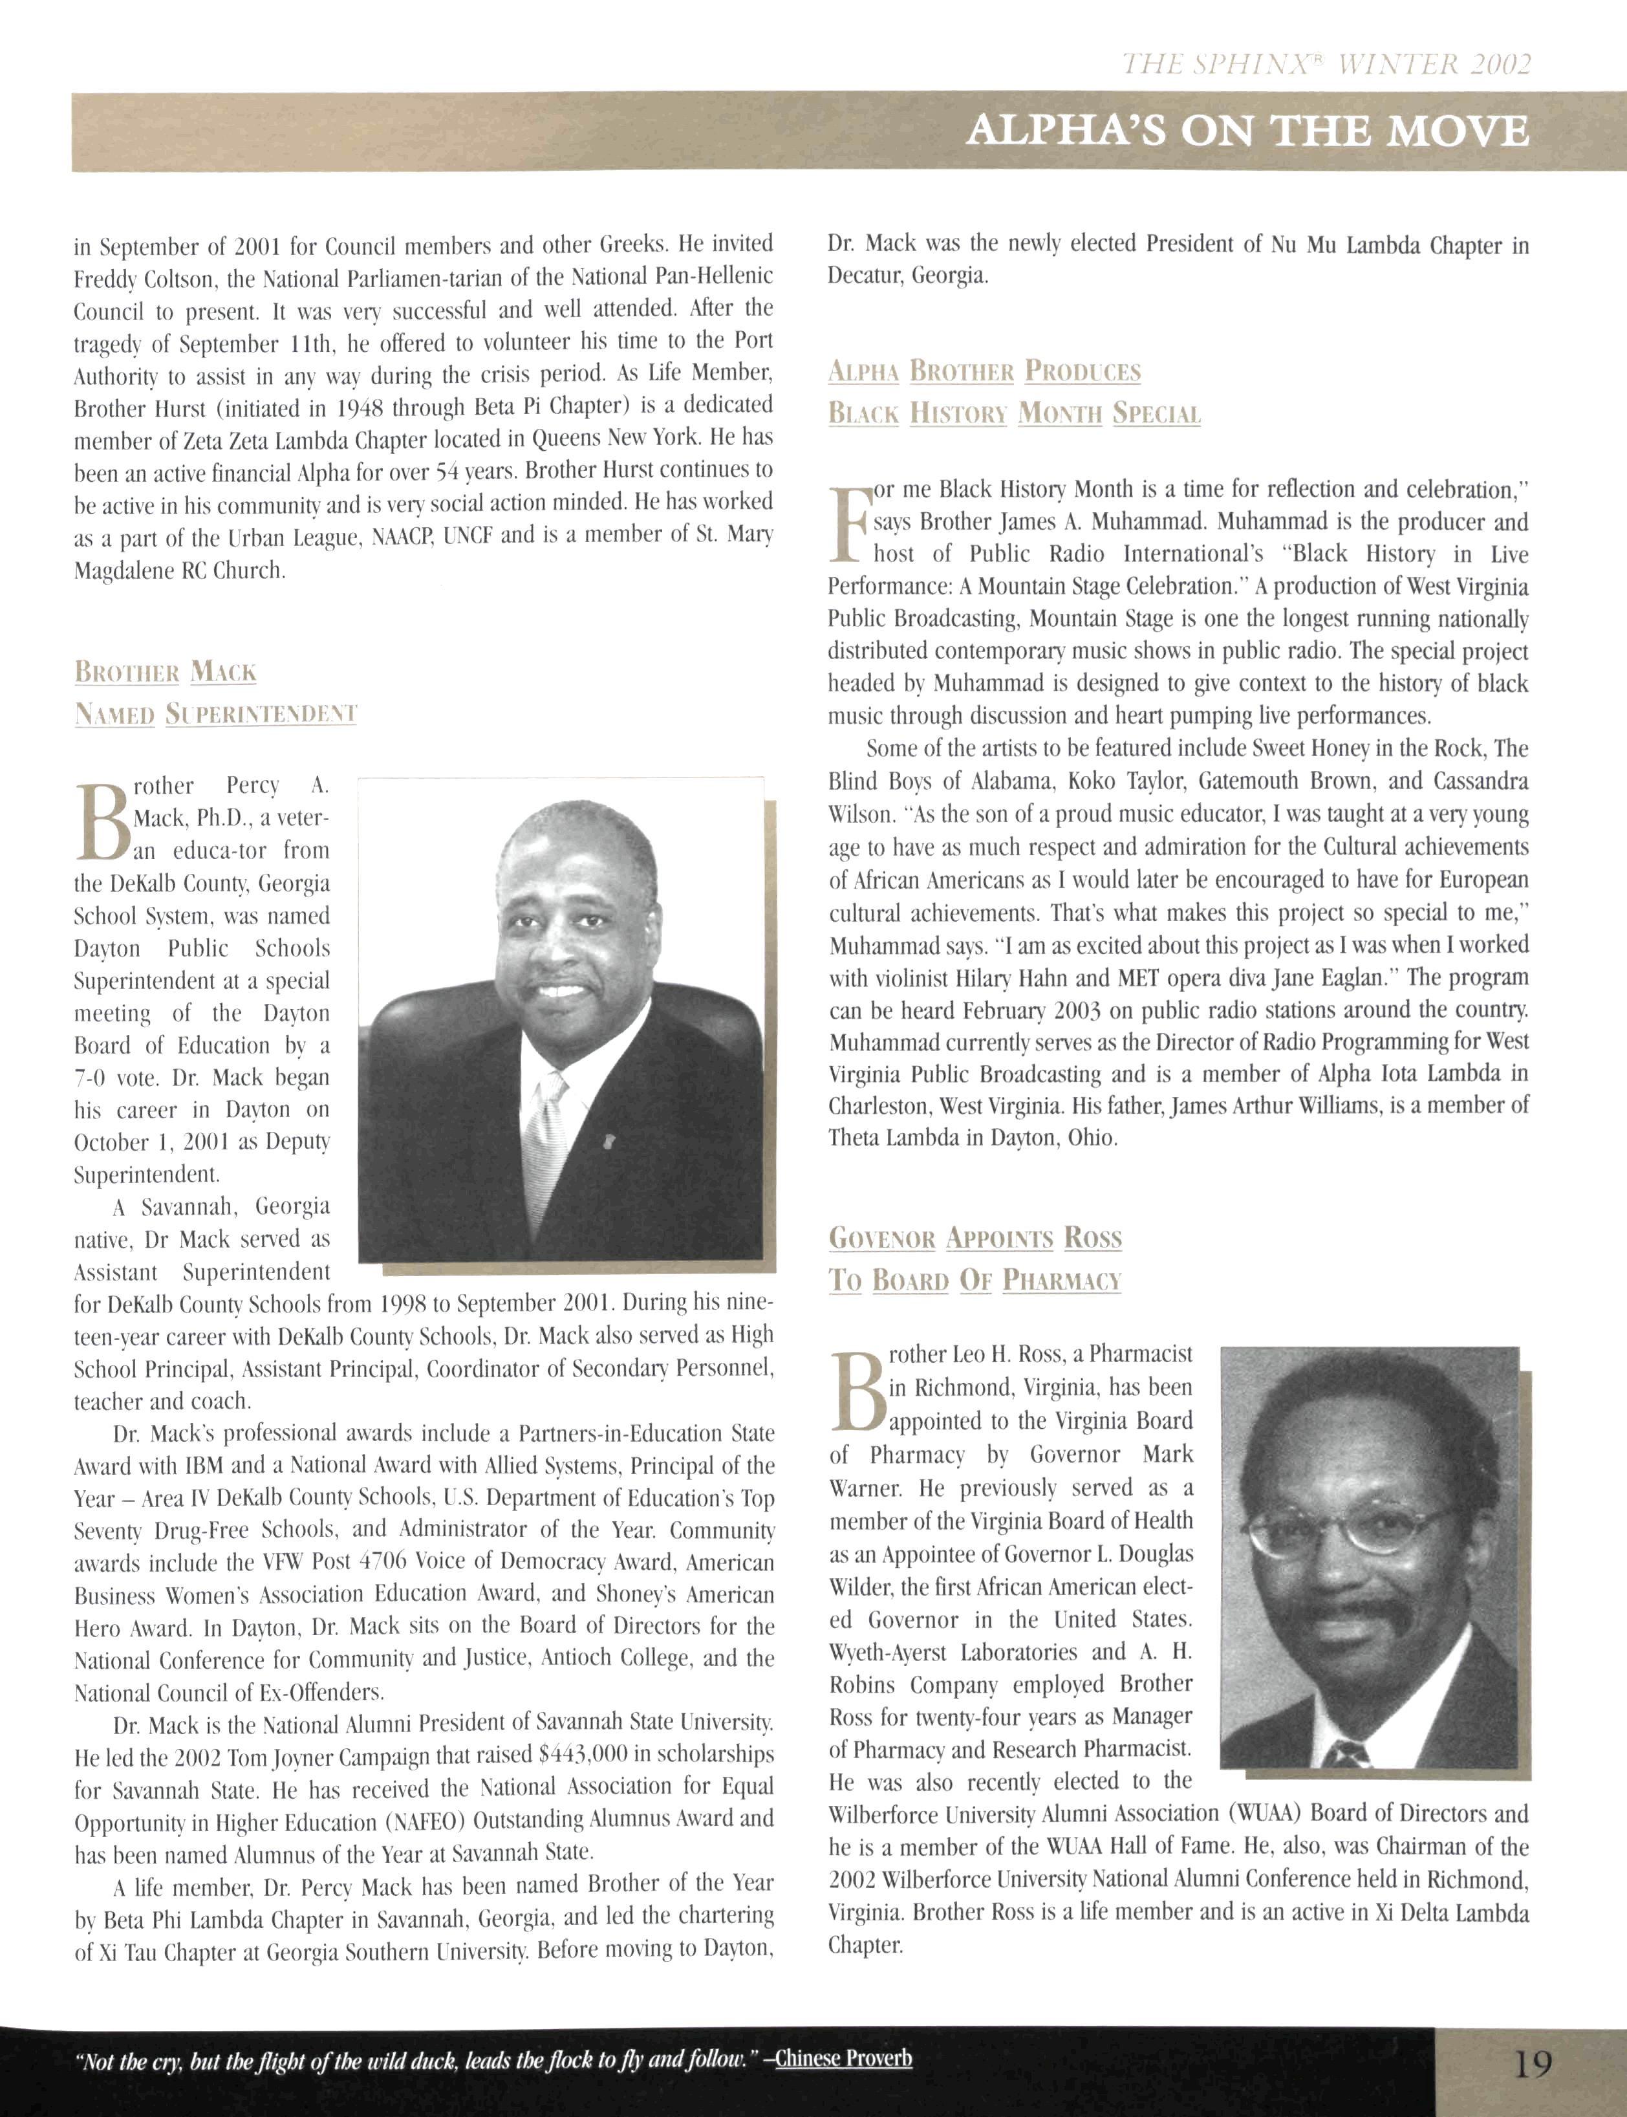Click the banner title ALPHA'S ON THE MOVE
click(x=1247, y=131)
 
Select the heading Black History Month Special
click(x=1014, y=415)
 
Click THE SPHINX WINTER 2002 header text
click(x=1326, y=64)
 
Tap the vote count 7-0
click(x=91, y=1078)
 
